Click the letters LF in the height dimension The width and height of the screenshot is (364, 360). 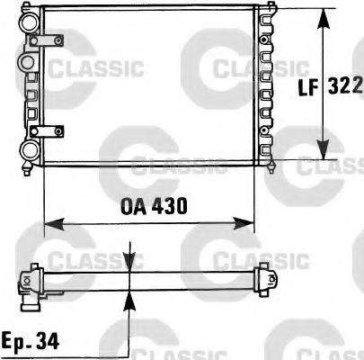(x=306, y=87)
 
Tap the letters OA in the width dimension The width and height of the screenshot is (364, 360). (x=132, y=205)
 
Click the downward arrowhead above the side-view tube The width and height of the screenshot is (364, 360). (x=131, y=264)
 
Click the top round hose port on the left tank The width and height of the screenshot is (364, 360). (x=29, y=22)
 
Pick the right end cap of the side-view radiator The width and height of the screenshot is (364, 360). (x=267, y=278)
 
